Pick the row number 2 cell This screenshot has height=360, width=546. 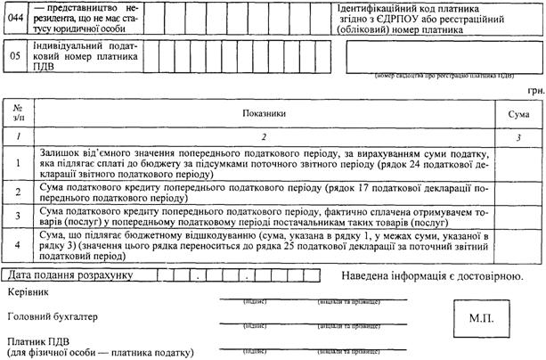tap(19, 191)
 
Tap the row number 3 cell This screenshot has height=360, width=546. tap(19, 215)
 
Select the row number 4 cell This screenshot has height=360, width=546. tap(19, 242)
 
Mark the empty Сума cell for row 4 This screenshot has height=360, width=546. tap(518, 242)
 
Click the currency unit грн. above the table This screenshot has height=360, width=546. tap(534, 90)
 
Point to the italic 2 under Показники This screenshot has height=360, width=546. tap(265, 135)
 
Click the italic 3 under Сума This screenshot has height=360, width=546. tap(518, 135)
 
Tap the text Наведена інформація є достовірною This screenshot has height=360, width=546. tap(431, 275)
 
